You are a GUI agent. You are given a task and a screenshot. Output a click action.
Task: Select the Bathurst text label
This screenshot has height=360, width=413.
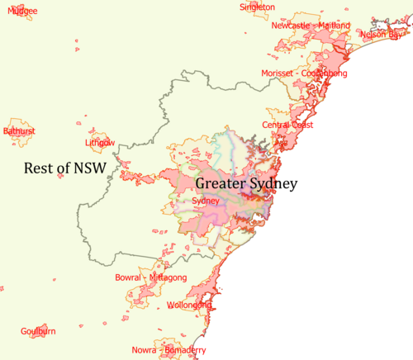coord(19,130)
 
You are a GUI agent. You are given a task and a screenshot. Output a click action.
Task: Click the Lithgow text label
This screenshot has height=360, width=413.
coord(100,143)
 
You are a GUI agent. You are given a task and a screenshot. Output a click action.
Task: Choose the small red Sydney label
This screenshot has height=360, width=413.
coord(205,201)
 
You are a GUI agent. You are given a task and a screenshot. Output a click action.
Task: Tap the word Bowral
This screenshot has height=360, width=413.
coord(130,277)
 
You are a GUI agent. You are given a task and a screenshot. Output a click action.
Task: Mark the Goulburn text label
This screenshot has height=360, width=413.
coord(38,331)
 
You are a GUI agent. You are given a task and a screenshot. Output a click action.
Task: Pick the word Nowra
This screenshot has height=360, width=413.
coord(145,350)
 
